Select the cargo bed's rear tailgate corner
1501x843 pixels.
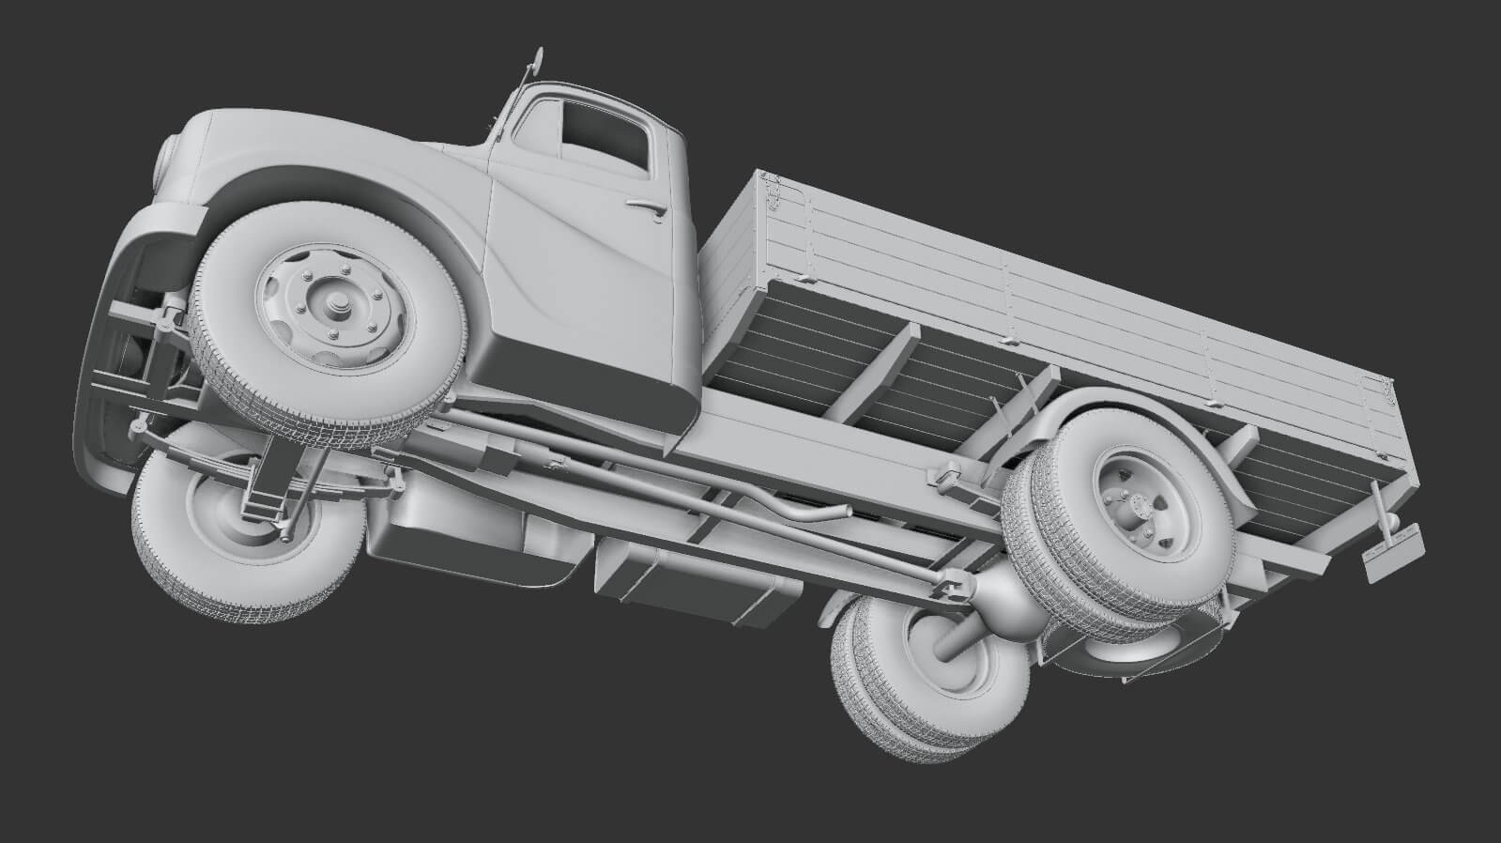(1408, 394)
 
